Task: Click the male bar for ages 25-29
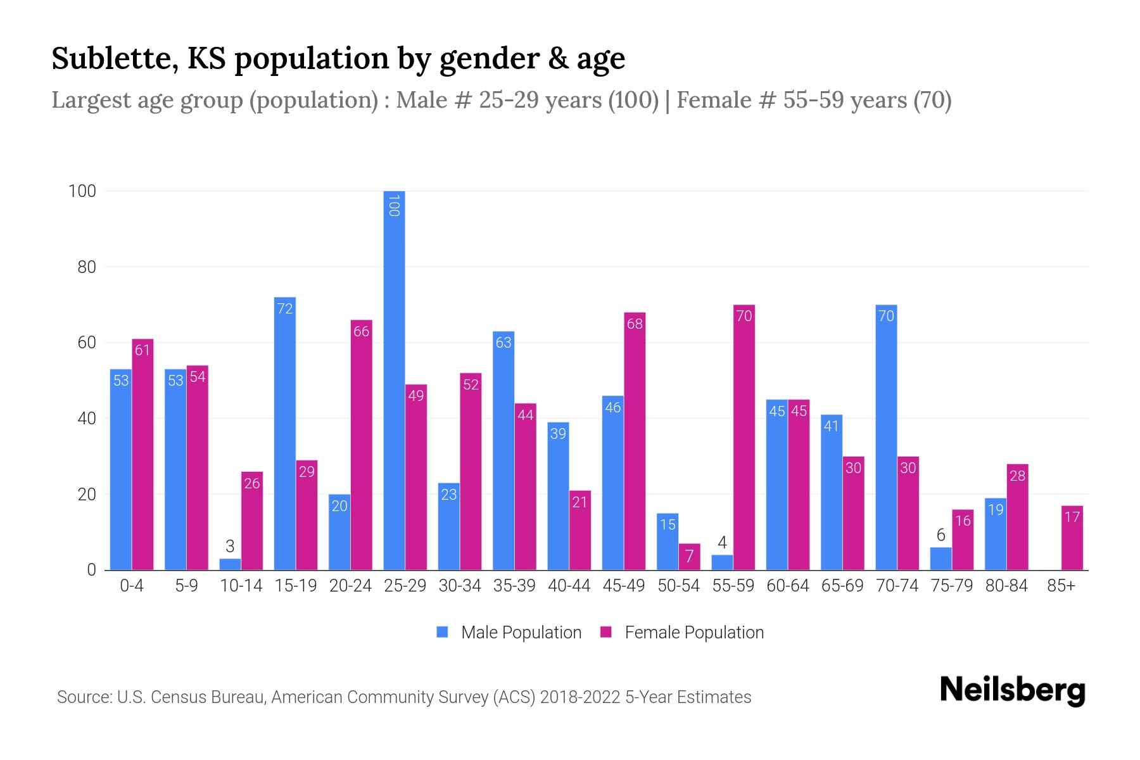pyautogui.click(x=394, y=380)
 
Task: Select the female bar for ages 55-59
pyautogui.click(x=744, y=437)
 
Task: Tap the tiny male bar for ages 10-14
pyautogui.click(x=230, y=564)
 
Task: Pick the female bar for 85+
pyautogui.click(x=1072, y=538)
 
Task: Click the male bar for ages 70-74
pyautogui.click(x=886, y=437)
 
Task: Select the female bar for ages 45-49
pyautogui.click(x=635, y=441)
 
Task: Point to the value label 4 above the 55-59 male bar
pyautogui.click(x=722, y=543)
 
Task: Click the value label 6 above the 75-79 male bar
pyautogui.click(x=940, y=535)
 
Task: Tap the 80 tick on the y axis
pyautogui.click(x=87, y=267)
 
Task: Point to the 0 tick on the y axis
pyautogui.click(x=92, y=570)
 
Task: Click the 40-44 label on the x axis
pyautogui.click(x=569, y=586)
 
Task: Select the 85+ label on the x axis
pyautogui.click(x=1061, y=586)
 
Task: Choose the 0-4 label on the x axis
pyautogui.click(x=132, y=586)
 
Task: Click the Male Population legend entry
pyautogui.click(x=521, y=633)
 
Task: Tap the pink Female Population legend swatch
pyautogui.click(x=606, y=632)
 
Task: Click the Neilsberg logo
pyautogui.click(x=1012, y=690)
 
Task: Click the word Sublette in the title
pyautogui.click(x=110, y=58)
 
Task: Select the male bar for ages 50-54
pyautogui.click(x=668, y=541)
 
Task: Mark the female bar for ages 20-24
pyautogui.click(x=361, y=445)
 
